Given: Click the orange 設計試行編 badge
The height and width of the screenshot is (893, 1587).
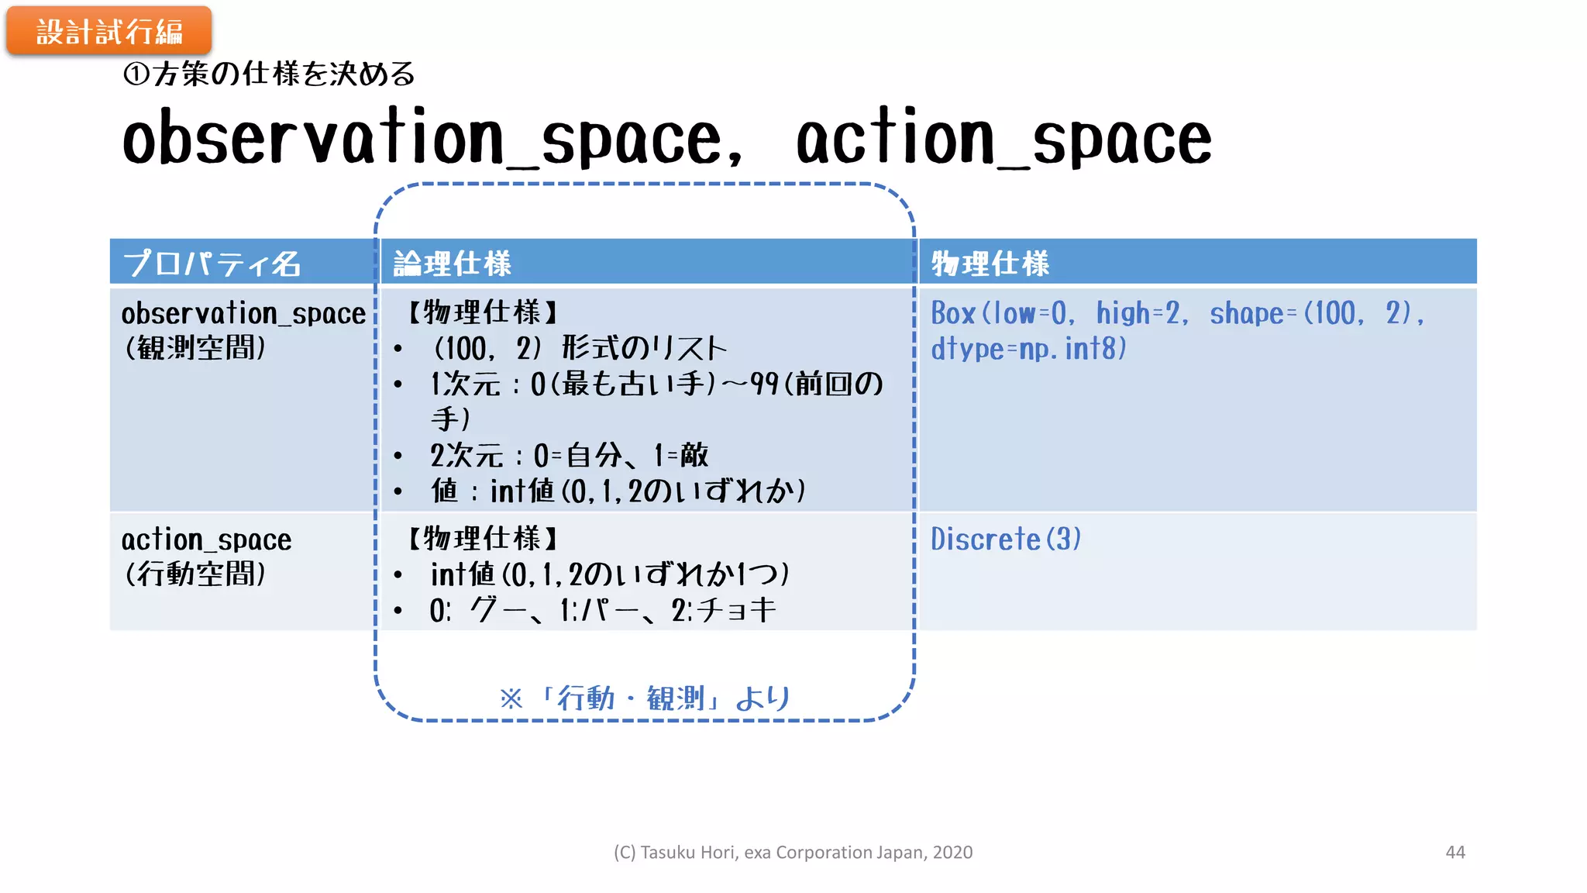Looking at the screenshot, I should (x=109, y=31).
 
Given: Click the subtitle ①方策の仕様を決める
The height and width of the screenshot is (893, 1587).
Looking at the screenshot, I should (x=269, y=74).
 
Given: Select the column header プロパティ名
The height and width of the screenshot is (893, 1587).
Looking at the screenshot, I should (x=212, y=264).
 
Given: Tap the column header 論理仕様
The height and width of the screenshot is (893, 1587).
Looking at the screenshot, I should (x=453, y=264).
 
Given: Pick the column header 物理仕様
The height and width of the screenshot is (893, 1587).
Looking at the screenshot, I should (x=990, y=264).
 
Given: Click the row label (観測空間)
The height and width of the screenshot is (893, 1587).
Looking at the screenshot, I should (x=195, y=348).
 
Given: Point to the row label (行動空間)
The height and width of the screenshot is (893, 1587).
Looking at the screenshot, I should (x=195, y=574).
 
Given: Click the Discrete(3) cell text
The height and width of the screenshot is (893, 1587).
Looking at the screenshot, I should (x=1006, y=540).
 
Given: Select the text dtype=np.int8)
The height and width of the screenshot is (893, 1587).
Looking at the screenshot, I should (x=1028, y=349).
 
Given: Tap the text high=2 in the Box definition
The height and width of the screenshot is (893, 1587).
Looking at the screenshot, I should (x=1141, y=313).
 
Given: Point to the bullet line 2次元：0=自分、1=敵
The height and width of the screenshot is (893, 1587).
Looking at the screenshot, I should (x=570, y=455).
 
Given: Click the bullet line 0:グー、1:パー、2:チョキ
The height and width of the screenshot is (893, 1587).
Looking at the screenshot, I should (x=603, y=610).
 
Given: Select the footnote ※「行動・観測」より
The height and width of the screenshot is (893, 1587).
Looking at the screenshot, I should (x=645, y=698).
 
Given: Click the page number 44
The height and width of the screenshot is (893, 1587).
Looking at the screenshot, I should (x=1455, y=852).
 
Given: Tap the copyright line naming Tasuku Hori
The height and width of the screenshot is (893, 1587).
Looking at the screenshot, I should (x=793, y=852).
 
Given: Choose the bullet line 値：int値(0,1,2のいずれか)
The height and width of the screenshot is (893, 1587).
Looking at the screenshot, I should (x=618, y=491).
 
